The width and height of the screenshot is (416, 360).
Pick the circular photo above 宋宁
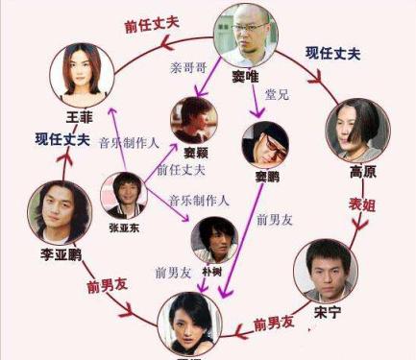pos(326,271)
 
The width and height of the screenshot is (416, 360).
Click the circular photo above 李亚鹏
pos(59,211)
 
